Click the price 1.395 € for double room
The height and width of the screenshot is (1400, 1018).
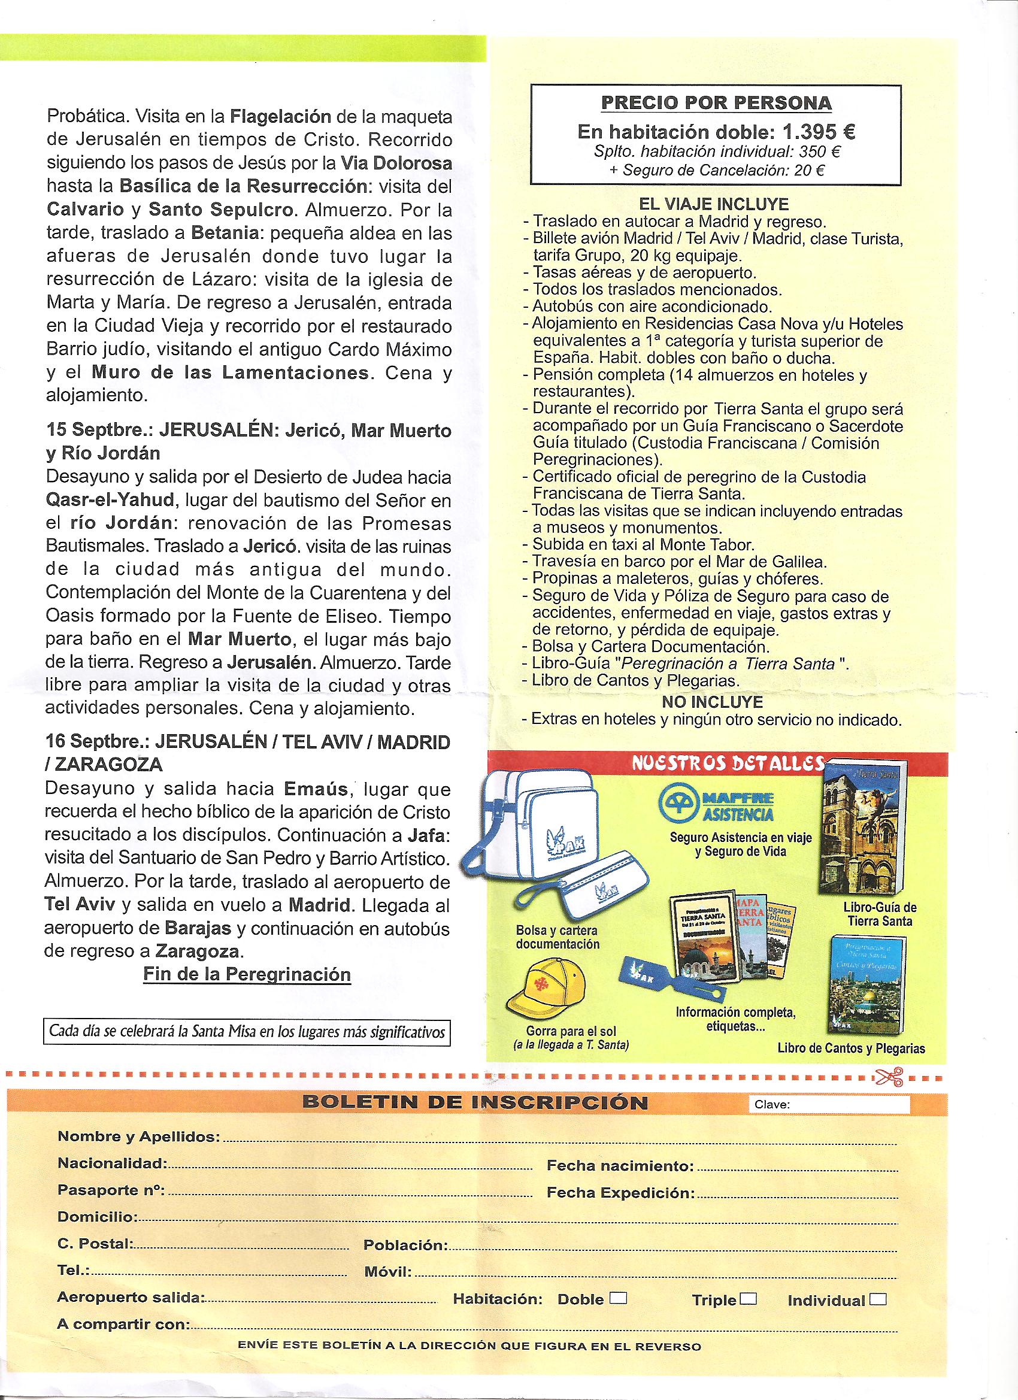(x=811, y=132)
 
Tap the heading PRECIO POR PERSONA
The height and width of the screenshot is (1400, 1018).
(x=716, y=103)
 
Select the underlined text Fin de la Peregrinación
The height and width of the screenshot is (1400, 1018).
(x=247, y=974)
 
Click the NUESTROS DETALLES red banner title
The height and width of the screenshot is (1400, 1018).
(x=728, y=763)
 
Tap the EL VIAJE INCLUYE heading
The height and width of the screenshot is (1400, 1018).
(x=714, y=204)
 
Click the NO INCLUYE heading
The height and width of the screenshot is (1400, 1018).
(x=713, y=702)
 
